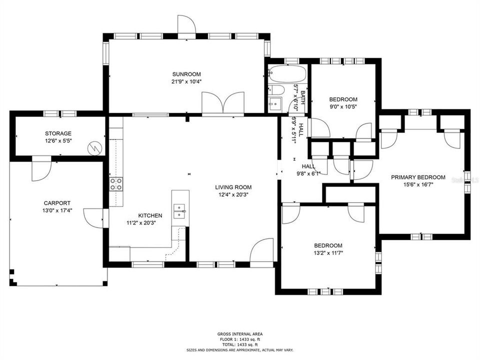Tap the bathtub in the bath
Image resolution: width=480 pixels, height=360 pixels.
[286, 74]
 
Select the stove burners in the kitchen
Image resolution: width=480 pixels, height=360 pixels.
[116, 184]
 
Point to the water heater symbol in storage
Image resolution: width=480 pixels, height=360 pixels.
[94, 148]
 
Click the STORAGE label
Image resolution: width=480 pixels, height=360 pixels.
[58, 133]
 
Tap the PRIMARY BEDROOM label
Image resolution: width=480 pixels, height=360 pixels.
[418, 177]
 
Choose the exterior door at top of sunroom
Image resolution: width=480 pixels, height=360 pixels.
[186, 26]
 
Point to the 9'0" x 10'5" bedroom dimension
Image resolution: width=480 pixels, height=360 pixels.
[342, 106]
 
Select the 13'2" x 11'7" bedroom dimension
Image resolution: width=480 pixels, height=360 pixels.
[328, 252]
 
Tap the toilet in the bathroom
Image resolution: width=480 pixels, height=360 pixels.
[276, 90]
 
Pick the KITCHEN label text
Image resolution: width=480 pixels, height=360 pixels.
[136, 215]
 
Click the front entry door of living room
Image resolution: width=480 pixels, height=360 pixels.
[262, 250]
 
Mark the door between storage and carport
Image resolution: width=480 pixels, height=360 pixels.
[41, 169]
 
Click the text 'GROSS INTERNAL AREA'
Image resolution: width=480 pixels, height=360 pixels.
[240, 334]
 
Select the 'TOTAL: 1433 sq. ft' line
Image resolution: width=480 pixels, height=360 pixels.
[240, 345]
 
